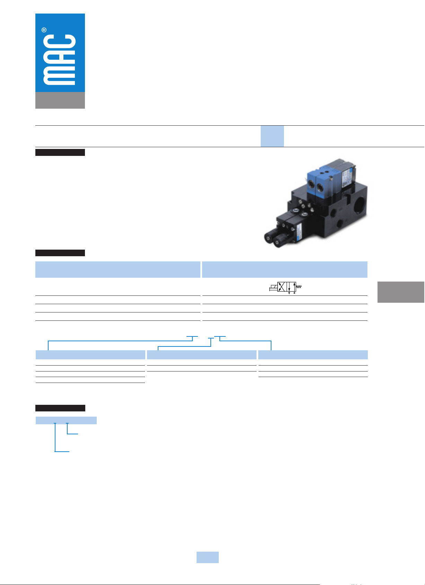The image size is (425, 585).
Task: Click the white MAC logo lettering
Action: pyautogui.click(x=59, y=60)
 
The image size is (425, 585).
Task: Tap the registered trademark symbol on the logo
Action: pyautogui.click(x=44, y=30)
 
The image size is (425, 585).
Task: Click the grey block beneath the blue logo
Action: pyautogui.click(x=60, y=100)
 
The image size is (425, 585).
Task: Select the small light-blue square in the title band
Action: pyautogui.click(x=272, y=136)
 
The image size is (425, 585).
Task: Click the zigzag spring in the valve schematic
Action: pyautogui.click(x=299, y=286)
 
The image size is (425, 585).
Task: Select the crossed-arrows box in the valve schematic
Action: pyautogui.click(x=282, y=286)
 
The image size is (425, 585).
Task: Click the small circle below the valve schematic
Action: pyautogui.click(x=294, y=293)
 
